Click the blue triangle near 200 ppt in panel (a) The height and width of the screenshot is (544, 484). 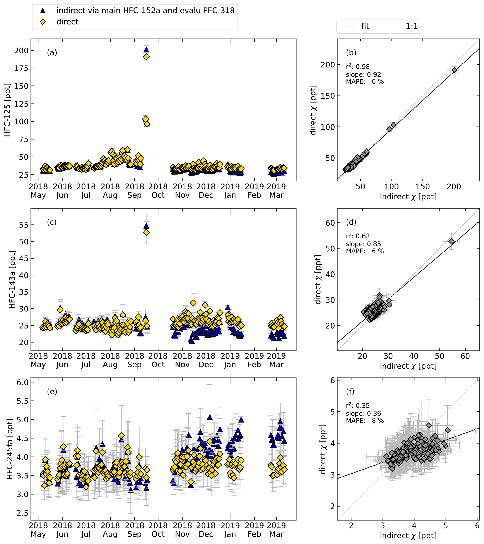point(146,50)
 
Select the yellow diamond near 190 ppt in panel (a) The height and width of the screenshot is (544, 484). point(146,57)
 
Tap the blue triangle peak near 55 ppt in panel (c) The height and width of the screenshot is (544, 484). point(146,226)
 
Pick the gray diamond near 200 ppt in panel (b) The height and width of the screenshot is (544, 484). point(454,70)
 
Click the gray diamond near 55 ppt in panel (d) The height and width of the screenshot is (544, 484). point(451,241)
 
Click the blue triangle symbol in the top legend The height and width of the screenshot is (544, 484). point(43,11)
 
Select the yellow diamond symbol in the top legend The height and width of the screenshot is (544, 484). point(43,22)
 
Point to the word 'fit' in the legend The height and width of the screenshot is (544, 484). point(365,26)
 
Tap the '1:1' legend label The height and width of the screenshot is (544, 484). point(412,26)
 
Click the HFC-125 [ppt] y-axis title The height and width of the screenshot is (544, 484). point(7,110)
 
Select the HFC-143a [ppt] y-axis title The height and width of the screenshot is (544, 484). point(12,279)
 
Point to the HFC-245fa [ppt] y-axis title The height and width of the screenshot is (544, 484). point(10,449)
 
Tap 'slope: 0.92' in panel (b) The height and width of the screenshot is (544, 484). point(363,74)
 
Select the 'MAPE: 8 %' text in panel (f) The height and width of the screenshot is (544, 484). point(365,421)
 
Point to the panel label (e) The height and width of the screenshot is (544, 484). point(52,392)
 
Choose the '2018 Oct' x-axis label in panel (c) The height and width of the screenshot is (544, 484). point(158,360)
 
